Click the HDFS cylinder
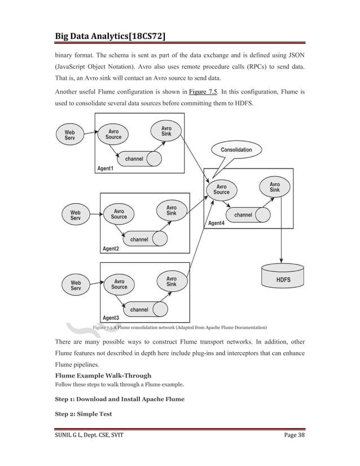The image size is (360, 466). pos(283,278)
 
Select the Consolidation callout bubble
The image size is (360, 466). pos(236,150)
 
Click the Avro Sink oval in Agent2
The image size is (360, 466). pos(172,210)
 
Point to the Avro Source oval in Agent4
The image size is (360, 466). pos(222,189)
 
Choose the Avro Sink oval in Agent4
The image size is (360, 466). pos(275,187)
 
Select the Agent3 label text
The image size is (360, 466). pos(111,318)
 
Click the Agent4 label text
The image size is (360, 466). pos(217,223)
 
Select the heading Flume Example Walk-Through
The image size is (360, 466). pos(103,375)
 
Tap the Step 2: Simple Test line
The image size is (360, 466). pos(83,414)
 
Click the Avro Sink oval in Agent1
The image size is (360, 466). pos(167,131)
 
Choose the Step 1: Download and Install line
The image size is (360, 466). pos(119,399)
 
